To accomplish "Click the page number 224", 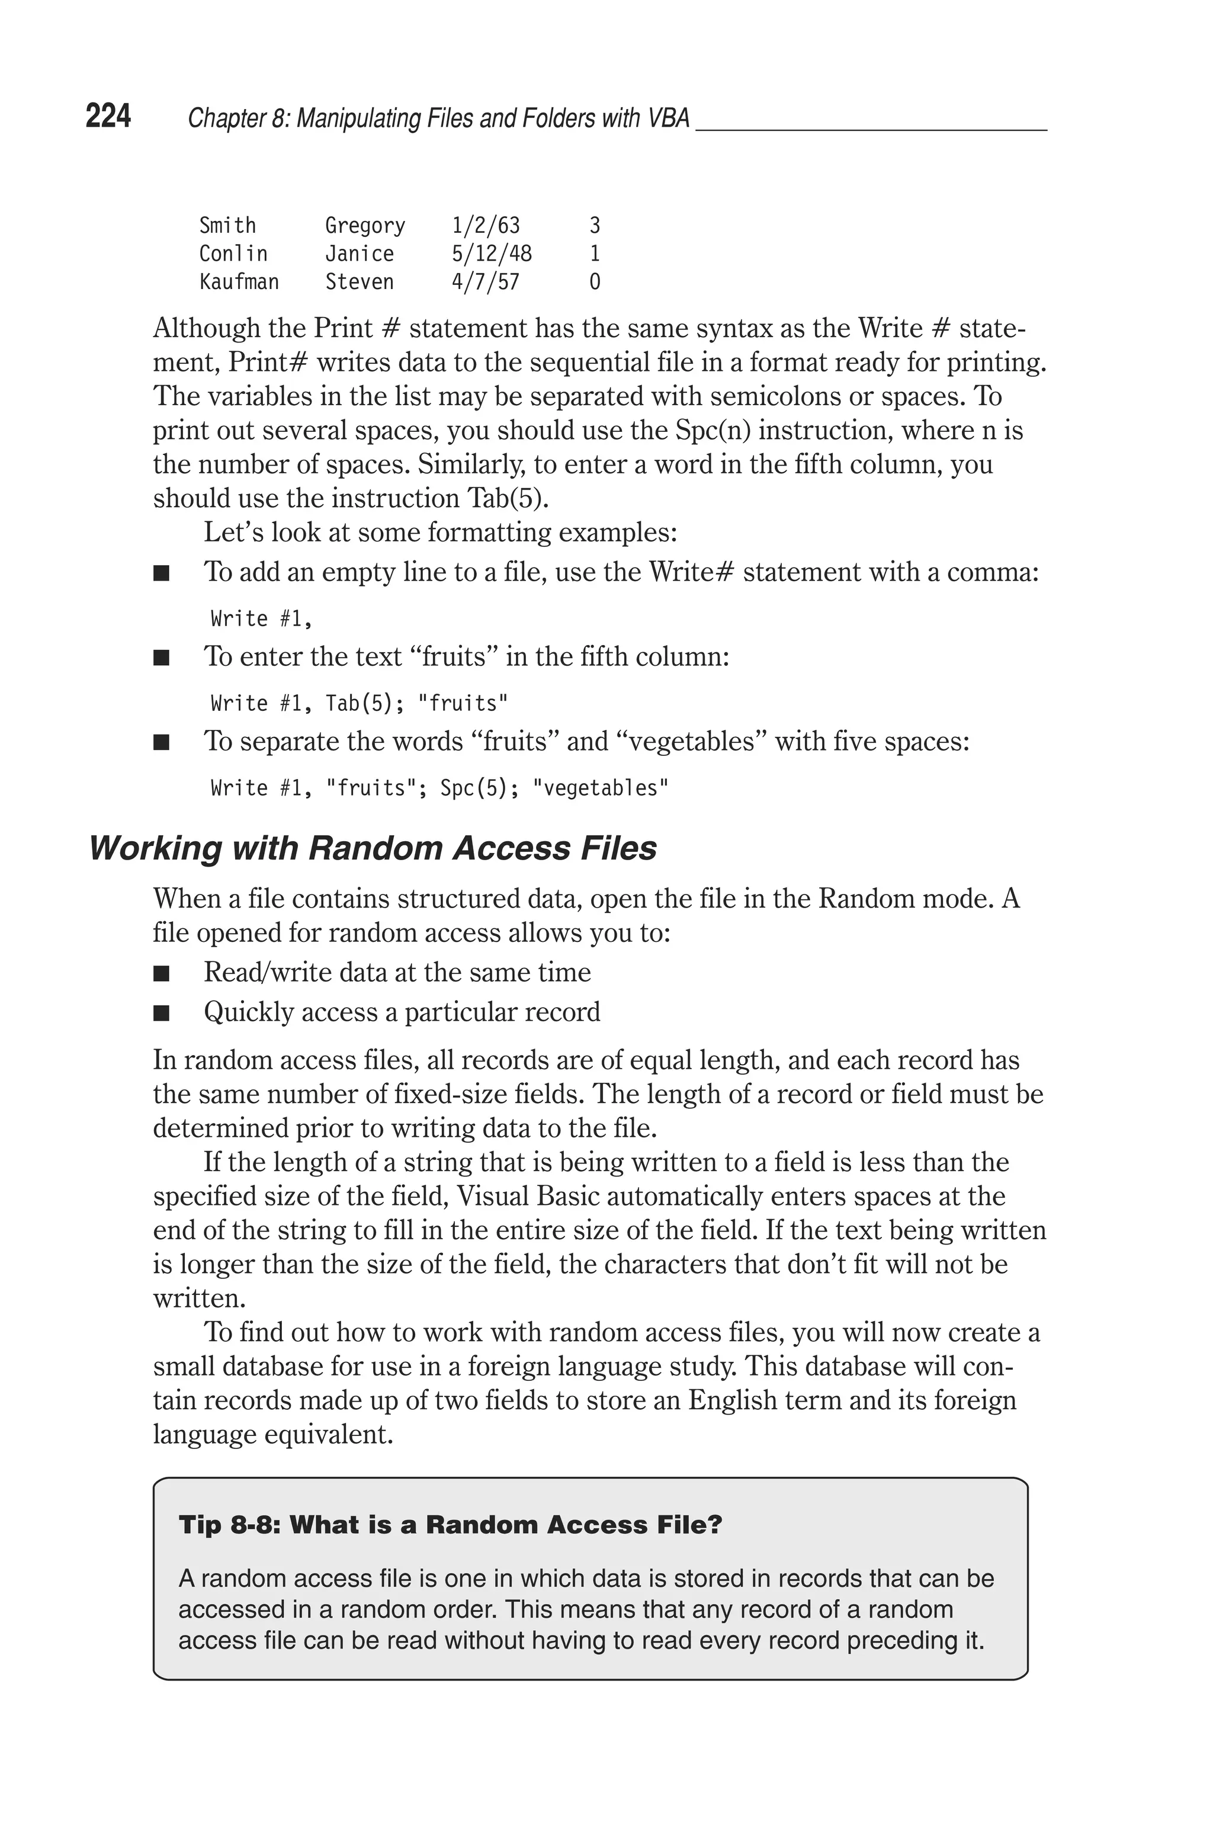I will click(108, 117).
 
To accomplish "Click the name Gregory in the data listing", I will click(364, 226).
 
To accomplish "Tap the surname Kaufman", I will click(239, 281).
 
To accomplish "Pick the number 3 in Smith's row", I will click(594, 226).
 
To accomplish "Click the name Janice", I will click(359, 254).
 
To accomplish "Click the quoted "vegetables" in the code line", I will click(601, 788).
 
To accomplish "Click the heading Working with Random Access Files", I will click(373, 848).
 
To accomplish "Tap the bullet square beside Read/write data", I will click(161, 974).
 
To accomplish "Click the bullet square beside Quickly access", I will click(161, 1014).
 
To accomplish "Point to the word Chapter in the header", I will click(222, 118).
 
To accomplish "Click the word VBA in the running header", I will click(666, 118).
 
